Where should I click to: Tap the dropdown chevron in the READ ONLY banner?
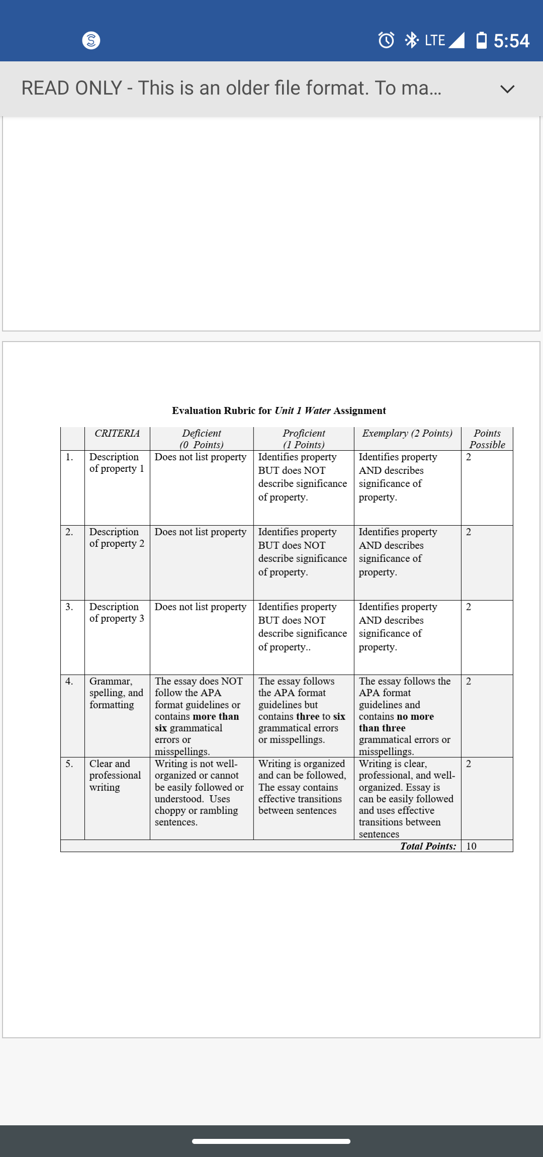point(507,89)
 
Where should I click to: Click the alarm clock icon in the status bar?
point(386,40)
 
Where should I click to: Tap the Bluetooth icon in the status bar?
point(411,40)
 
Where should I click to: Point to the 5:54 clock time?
point(511,41)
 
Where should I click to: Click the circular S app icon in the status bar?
point(91,40)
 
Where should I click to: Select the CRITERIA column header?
point(117,433)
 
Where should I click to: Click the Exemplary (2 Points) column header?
point(407,433)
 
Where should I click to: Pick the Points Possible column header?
point(487,439)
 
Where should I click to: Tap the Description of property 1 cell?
point(117,463)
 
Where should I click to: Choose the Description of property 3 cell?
point(117,612)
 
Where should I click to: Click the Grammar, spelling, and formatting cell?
point(116,693)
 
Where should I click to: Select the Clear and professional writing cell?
point(115,775)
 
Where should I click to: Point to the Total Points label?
point(428,846)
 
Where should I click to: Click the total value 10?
point(471,846)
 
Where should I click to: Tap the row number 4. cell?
point(69,681)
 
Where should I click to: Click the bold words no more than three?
point(396,722)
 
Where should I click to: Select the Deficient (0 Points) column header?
point(202,439)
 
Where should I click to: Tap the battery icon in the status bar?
point(481,40)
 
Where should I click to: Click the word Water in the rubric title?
point(317,410)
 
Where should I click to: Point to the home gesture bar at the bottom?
point(271,1141)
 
